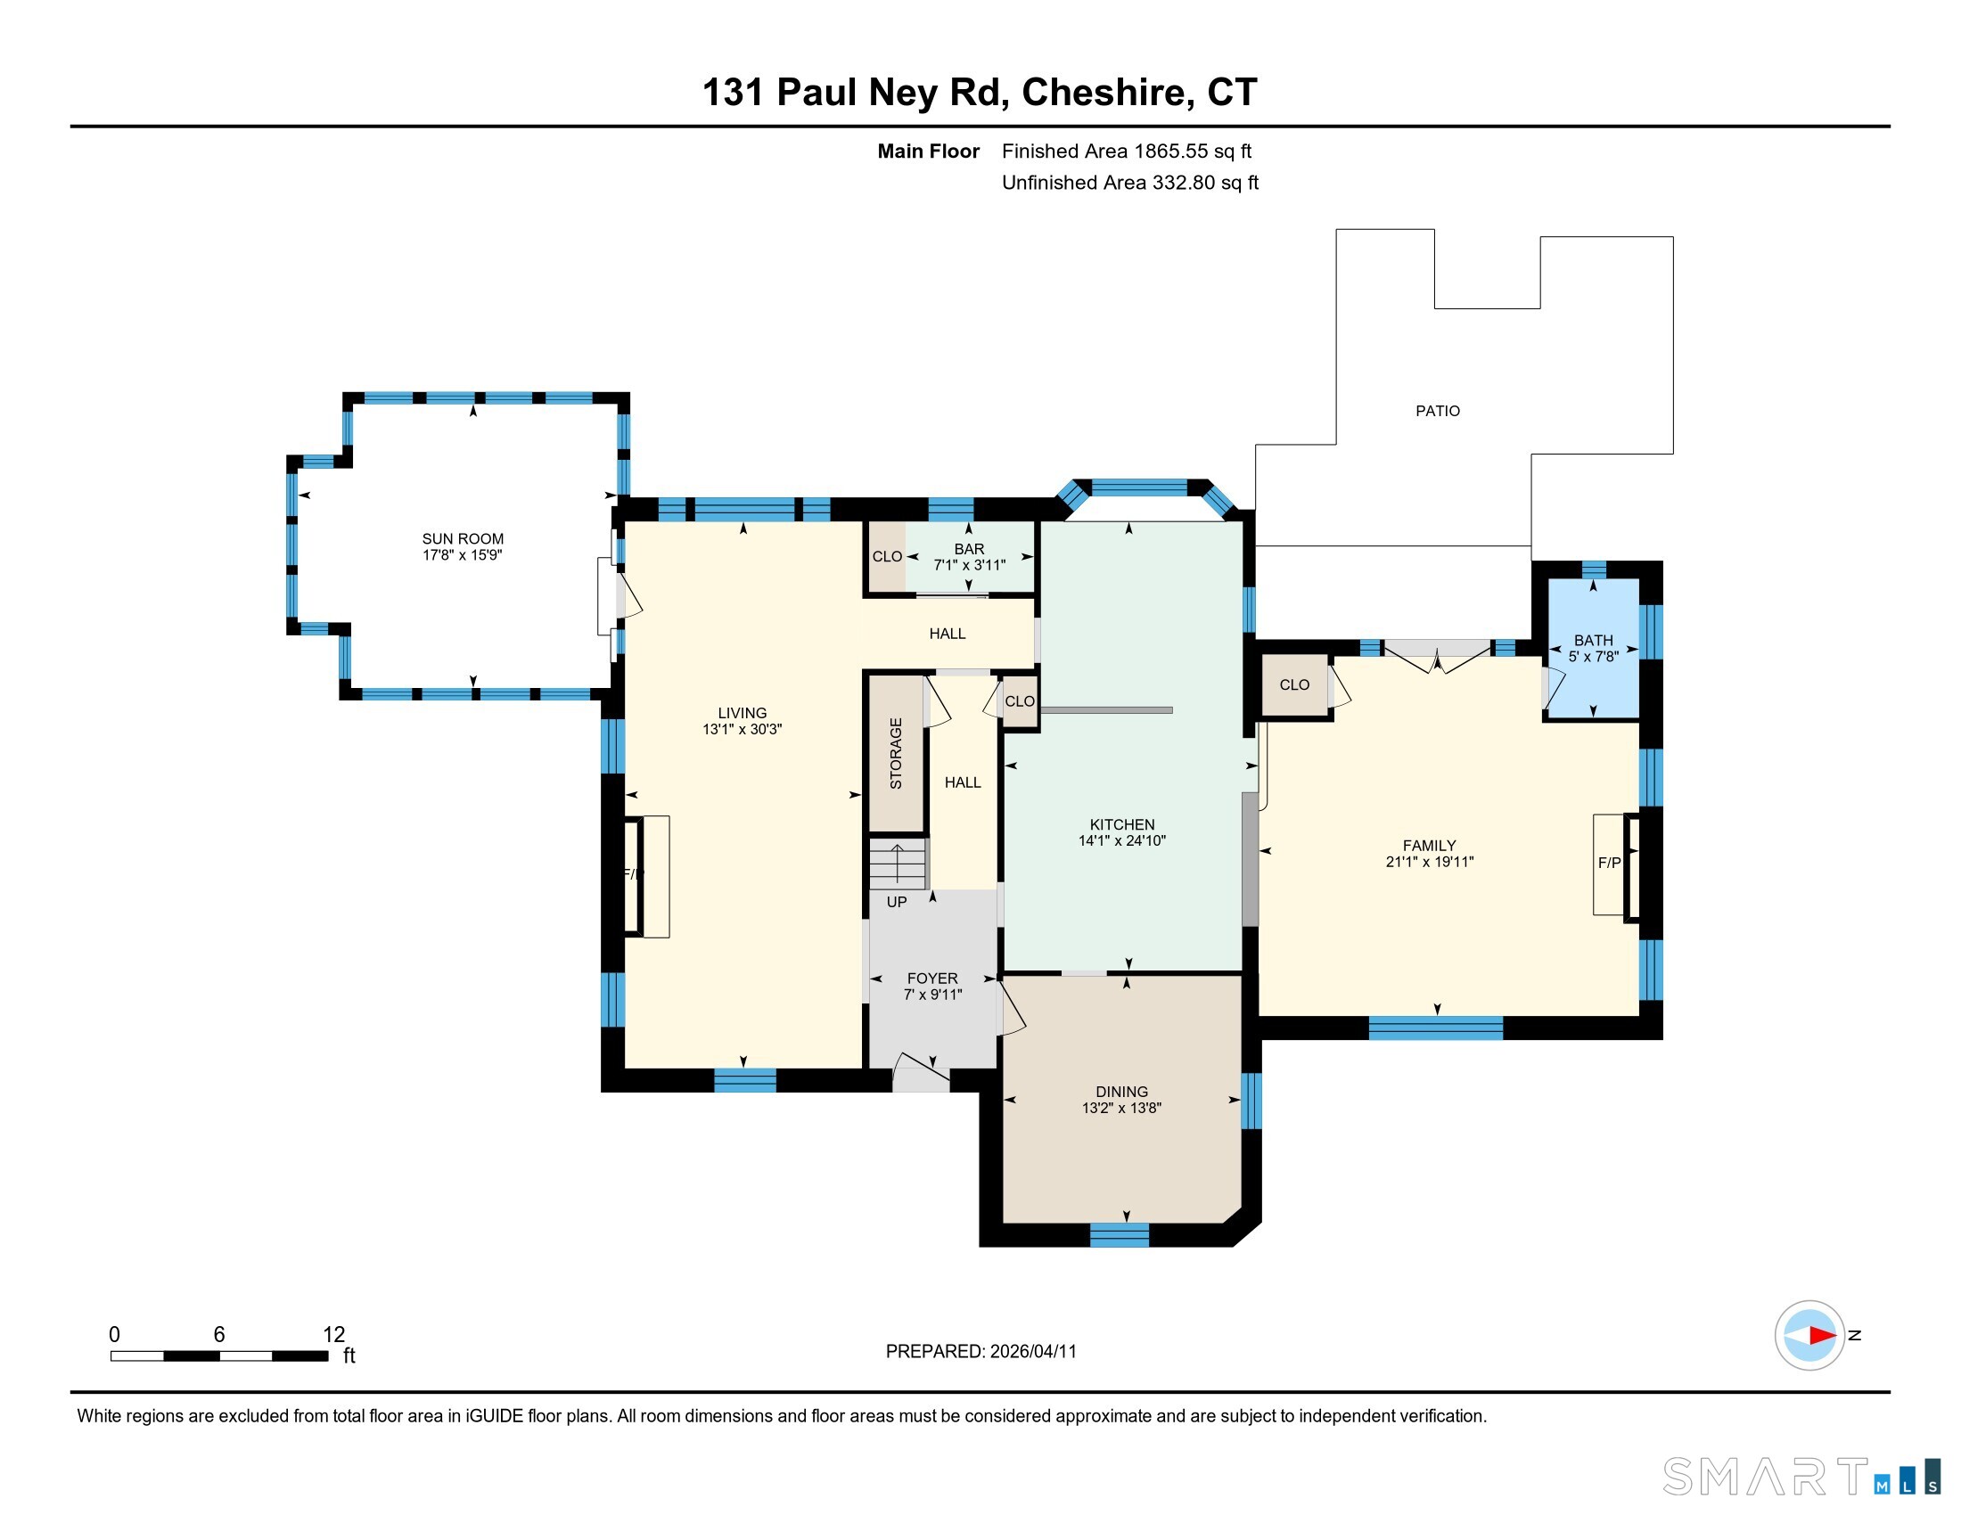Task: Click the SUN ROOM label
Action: click(463, 538)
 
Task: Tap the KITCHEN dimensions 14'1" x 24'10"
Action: click(1121, 841)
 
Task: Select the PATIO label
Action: click(1438, 411)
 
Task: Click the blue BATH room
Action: click(1594, 648)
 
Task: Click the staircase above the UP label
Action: click(897, 864)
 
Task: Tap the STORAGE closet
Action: click(896, 753)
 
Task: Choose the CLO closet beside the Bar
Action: click(886, 556)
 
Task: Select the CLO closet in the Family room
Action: click(1295, 684)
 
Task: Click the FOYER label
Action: click(932, 979)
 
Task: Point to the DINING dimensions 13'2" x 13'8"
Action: click(1121, 1109)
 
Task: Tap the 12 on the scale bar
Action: click(334, 1335)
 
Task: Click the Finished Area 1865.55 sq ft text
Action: click(1126, 151)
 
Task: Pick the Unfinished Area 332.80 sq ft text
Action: click(1129, 183)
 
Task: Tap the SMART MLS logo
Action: click(1801, 1477)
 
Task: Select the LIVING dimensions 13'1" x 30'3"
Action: click(742, 730)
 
